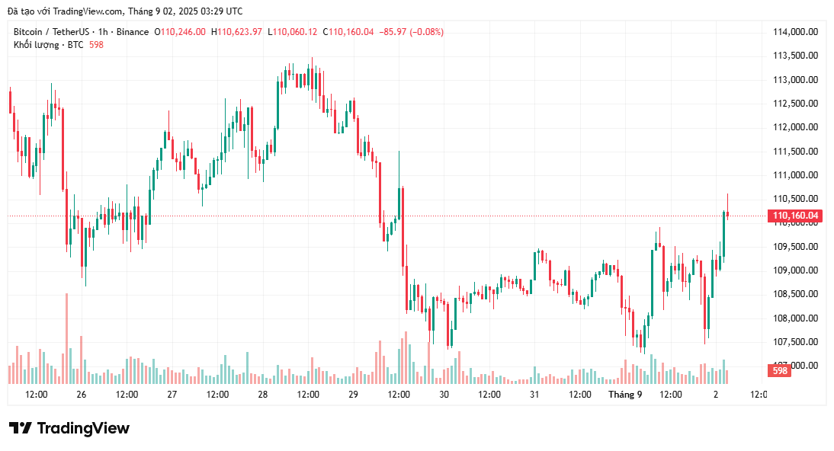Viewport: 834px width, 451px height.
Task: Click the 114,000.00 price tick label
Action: pos(795,32)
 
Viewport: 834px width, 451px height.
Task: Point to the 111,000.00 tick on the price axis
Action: pos(795,175)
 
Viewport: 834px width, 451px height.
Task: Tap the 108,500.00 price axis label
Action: pos(795,294)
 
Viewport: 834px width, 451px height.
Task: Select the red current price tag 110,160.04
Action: pos(796,216)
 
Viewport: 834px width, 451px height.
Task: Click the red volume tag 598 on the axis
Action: pos(779,371)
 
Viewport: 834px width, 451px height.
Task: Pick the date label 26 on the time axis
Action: pos(82,395)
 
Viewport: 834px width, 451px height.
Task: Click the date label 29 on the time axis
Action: pos(353,395)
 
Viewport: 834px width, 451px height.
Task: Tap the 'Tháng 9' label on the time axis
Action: pos(625,395)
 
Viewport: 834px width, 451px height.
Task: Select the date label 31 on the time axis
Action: pos(534,395)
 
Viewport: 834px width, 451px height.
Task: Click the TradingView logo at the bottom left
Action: pos(69,428)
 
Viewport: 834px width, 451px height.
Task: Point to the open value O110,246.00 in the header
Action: pos(180,32)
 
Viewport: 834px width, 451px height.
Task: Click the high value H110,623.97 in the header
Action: pos(236,32)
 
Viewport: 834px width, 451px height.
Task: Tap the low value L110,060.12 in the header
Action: pos(293,32)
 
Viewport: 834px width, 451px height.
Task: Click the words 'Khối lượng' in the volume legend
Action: pos(36,45)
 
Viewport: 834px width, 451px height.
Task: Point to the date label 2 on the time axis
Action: pos(716,395)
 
